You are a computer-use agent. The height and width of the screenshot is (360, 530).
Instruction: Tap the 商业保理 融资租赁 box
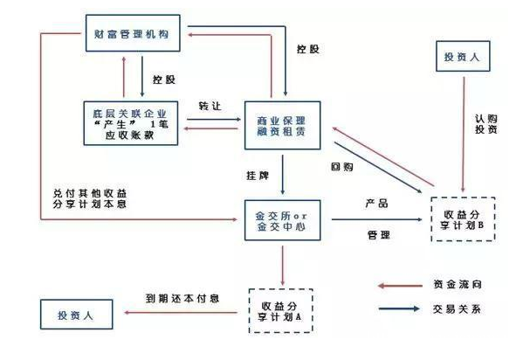(x=283, y=125)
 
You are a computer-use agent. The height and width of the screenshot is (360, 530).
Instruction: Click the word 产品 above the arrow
(x=376, y=204)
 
